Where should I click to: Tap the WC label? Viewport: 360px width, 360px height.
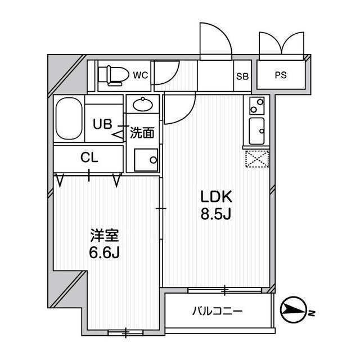click(x=140, y=75)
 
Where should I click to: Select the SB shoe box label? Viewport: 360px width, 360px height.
click(x=243, y=75)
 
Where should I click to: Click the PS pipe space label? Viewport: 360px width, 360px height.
click(x=280, y=75)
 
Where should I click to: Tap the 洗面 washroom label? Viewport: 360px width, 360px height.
click(x=142, y=133)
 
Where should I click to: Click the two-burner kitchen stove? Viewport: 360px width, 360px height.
click(x=256, y=105)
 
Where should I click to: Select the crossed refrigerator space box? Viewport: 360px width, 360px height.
click(x=256, y=160)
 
